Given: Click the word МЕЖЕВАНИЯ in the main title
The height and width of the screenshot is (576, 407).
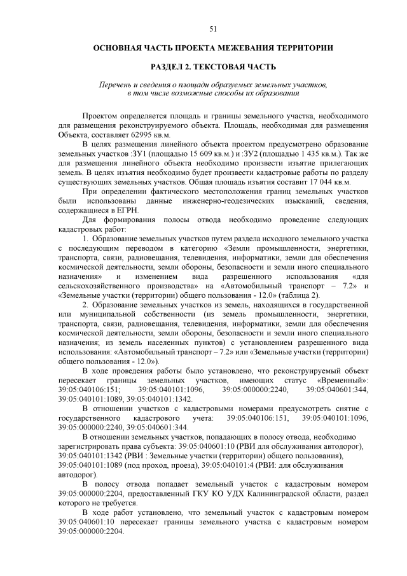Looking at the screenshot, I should click(x=245, y=48).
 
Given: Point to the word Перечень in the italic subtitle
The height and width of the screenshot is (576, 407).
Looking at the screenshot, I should click(x=114, y=85).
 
